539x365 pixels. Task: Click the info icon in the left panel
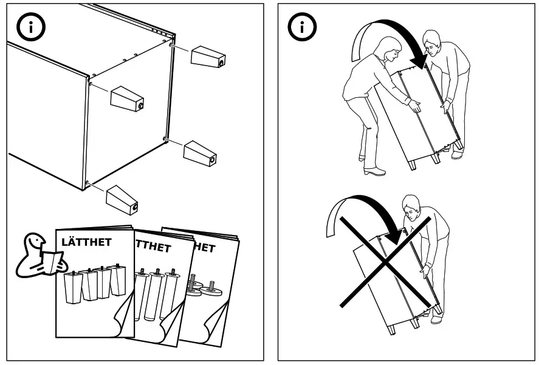point(28,27)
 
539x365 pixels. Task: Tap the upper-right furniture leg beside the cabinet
point(208,56)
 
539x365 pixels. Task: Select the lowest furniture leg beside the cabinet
point(122,198)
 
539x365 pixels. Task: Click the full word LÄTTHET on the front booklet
point(86,242)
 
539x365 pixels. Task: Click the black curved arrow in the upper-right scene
point(397,39)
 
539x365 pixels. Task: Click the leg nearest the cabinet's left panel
point(126,98)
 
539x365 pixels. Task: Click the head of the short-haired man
point(431,42)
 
